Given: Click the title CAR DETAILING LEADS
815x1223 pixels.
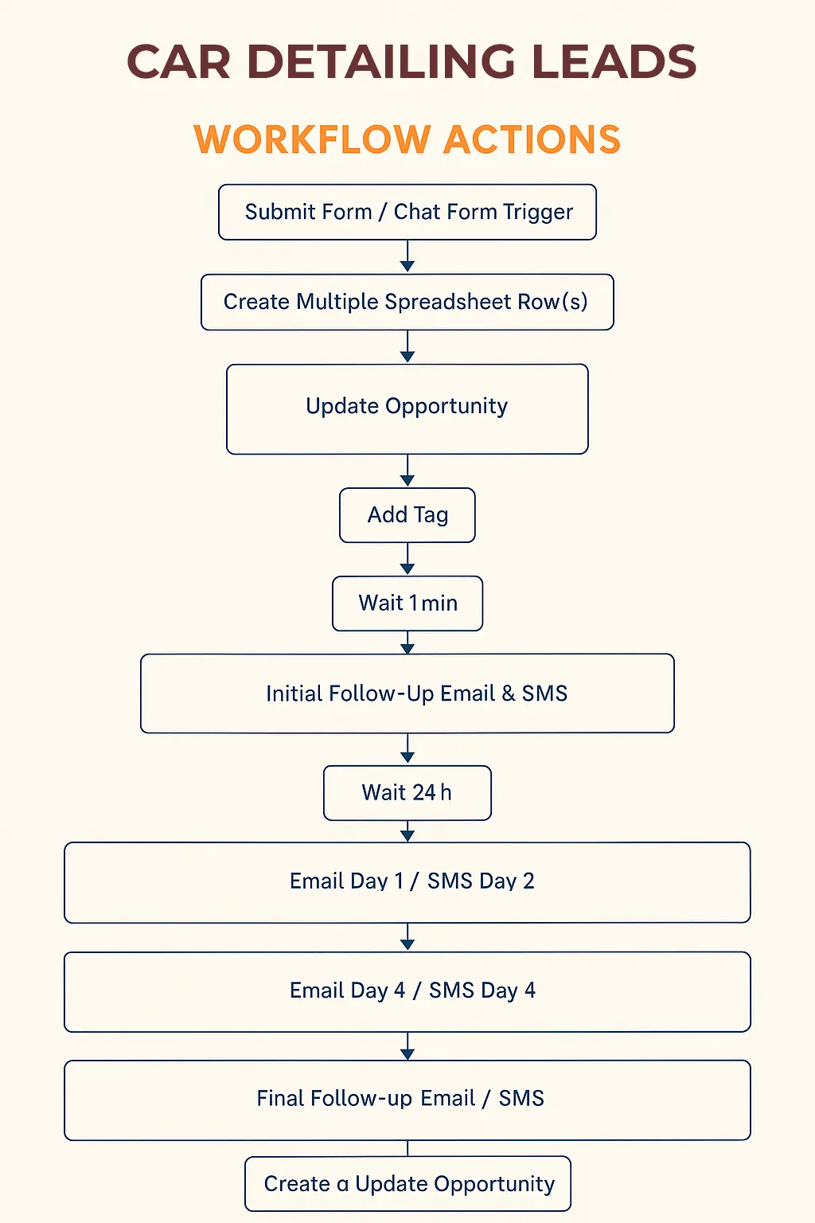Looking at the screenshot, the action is (411, 61).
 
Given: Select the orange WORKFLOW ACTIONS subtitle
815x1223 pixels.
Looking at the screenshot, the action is (407, 139).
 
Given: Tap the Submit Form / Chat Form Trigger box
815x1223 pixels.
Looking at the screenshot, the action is (407, 212).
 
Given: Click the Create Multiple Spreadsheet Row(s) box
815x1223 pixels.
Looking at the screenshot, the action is (407, 302).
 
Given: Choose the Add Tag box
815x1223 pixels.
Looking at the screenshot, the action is (407, 515).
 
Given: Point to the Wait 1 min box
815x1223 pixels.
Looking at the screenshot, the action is (407, 604).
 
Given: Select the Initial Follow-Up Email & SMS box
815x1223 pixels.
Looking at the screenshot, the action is (407, 694).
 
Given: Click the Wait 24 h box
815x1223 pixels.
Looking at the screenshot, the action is (407, 793).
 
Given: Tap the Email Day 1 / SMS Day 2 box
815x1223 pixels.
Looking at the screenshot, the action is (407, 882).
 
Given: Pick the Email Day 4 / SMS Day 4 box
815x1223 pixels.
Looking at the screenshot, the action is (407, 991).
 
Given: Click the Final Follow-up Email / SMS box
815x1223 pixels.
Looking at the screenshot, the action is (407, 1100).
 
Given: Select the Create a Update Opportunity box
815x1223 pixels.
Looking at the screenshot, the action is (407, 1184).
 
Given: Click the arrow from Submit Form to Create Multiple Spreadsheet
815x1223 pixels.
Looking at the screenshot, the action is (407, 256).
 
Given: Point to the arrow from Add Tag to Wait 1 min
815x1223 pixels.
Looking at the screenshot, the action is (407, 558).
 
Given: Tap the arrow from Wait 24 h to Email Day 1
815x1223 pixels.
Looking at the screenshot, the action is (407, 831).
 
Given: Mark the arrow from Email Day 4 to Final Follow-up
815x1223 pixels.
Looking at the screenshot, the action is (407, 1046).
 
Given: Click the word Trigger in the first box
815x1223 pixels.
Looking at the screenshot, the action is (538, 213).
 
